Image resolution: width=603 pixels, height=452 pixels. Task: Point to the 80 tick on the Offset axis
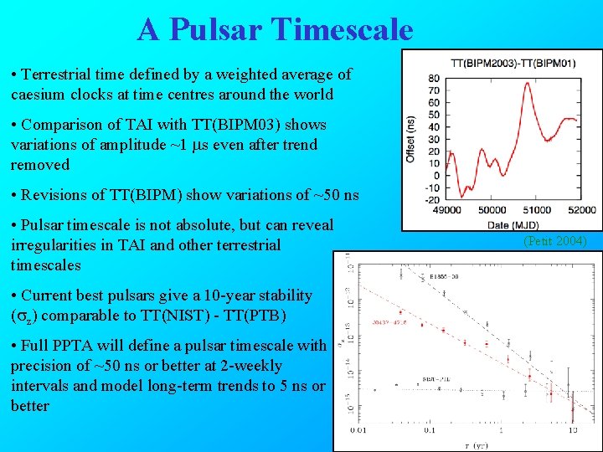[x=434, y=79]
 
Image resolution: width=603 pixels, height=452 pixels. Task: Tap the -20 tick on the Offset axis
[x=432, y=200]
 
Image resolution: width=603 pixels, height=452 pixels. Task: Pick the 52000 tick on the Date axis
[x=580, y=210]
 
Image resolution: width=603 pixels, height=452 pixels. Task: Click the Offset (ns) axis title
[x=411, y=138]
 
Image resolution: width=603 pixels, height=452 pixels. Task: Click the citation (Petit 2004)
[x=555, y=241]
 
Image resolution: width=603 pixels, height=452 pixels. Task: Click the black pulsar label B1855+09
[x=446, y=275]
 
